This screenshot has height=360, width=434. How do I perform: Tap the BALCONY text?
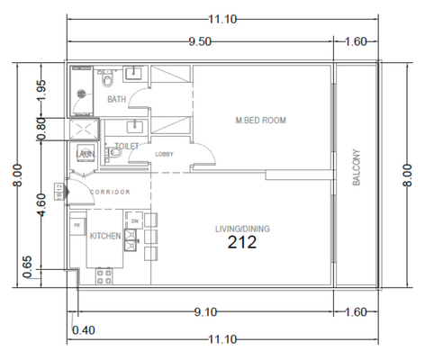356,167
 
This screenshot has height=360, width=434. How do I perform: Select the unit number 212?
242,242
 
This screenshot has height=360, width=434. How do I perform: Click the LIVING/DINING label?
242,229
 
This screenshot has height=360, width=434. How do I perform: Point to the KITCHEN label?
105,236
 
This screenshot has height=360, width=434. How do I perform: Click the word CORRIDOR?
111,193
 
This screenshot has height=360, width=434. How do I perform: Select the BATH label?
116,100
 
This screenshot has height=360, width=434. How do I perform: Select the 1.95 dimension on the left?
41,92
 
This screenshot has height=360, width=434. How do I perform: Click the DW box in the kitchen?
134,220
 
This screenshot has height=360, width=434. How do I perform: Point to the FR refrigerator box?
78,224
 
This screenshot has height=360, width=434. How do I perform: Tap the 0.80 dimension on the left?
41,127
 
